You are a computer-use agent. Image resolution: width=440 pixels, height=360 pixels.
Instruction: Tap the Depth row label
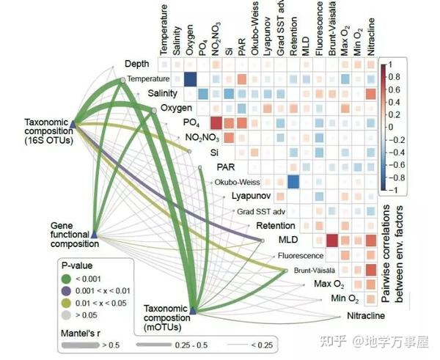137,65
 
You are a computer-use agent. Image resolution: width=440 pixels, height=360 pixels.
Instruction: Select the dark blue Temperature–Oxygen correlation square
191,80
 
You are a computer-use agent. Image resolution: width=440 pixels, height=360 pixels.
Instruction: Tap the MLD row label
288,240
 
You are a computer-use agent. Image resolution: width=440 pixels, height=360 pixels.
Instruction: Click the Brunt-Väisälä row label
310,270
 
